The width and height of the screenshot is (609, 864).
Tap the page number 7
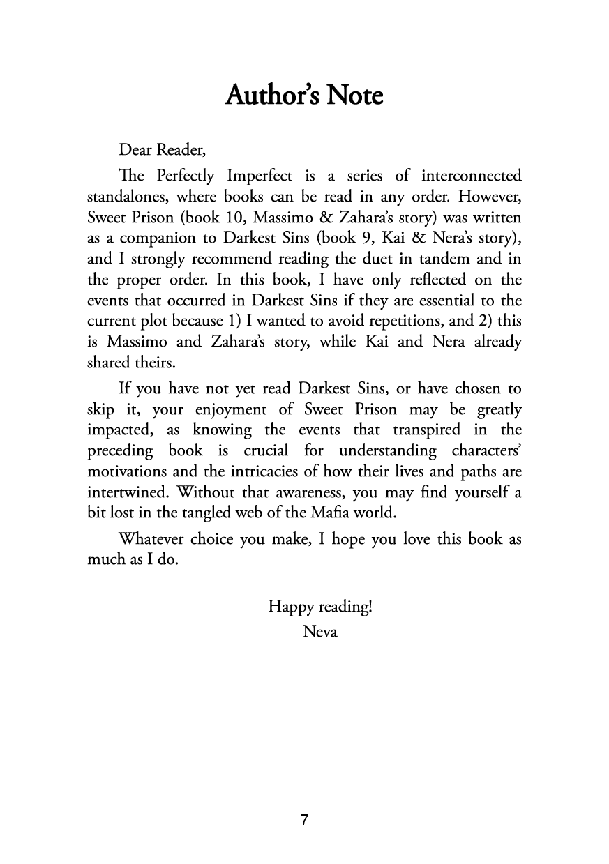click(305, 820)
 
